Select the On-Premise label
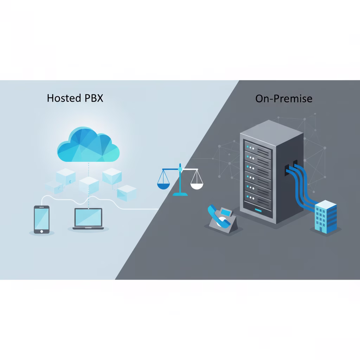coord(284,99)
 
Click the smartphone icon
coord(41,219)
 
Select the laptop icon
coord(88,219)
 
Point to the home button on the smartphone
coord(41,231)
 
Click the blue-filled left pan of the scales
coord(163,185)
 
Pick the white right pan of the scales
coord(197,185)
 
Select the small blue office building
coord(326,217)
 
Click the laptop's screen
coord(88,217)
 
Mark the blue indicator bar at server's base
coord(258,211)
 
